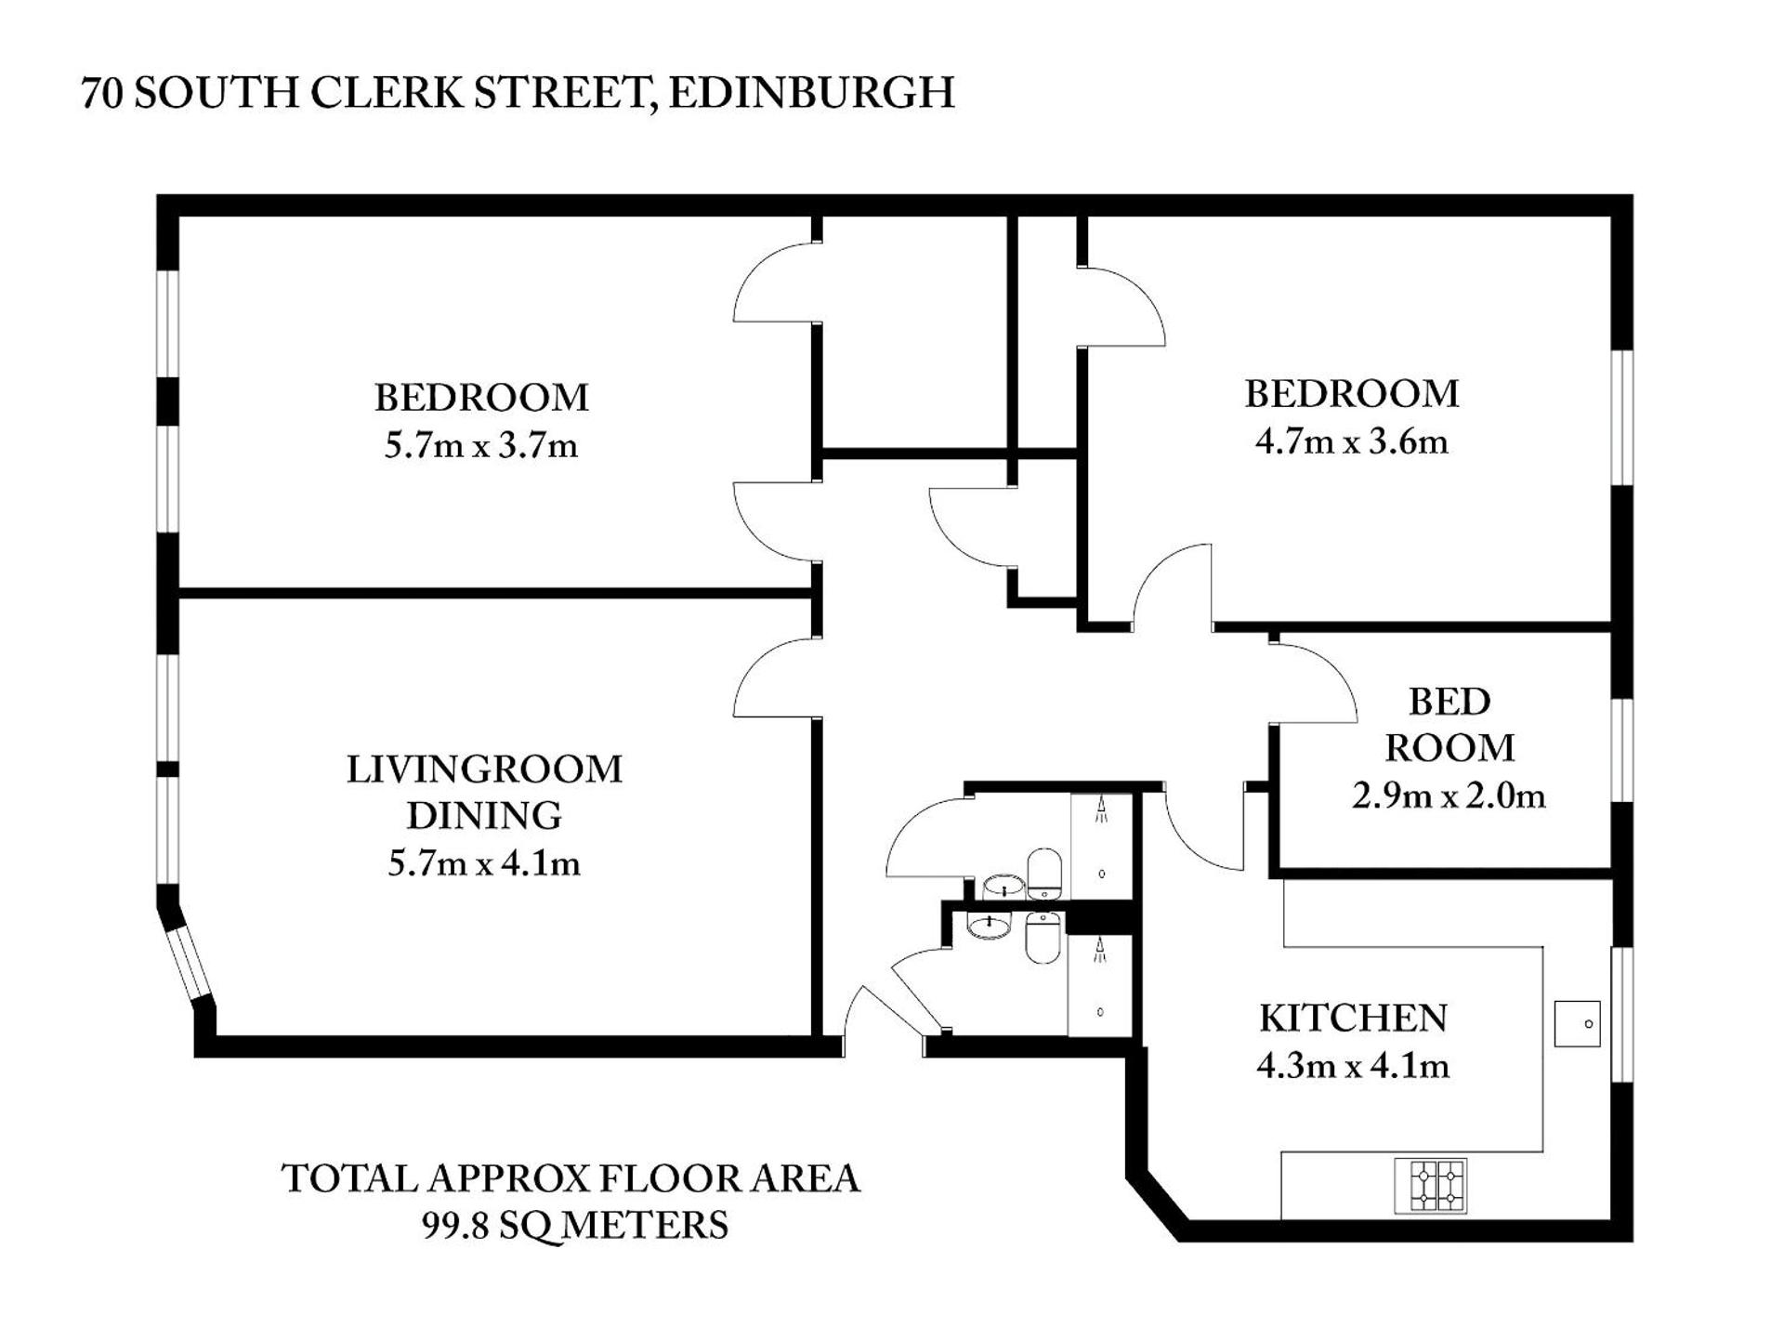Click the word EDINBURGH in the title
(810, 93)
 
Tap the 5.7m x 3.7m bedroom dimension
(480, 446)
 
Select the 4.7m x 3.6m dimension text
(1351, 441)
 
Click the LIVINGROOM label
(484, 769)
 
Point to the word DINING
(484, 816)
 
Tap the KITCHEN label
(1353, 1019)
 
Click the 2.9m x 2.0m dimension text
(1448, 796)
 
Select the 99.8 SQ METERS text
(575, 1225)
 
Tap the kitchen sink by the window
(1577, 1023)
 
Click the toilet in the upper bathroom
(1044, 873)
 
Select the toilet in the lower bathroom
(1043, 938)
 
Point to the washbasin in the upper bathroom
(1003, 886)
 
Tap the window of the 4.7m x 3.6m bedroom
(1621, 417)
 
